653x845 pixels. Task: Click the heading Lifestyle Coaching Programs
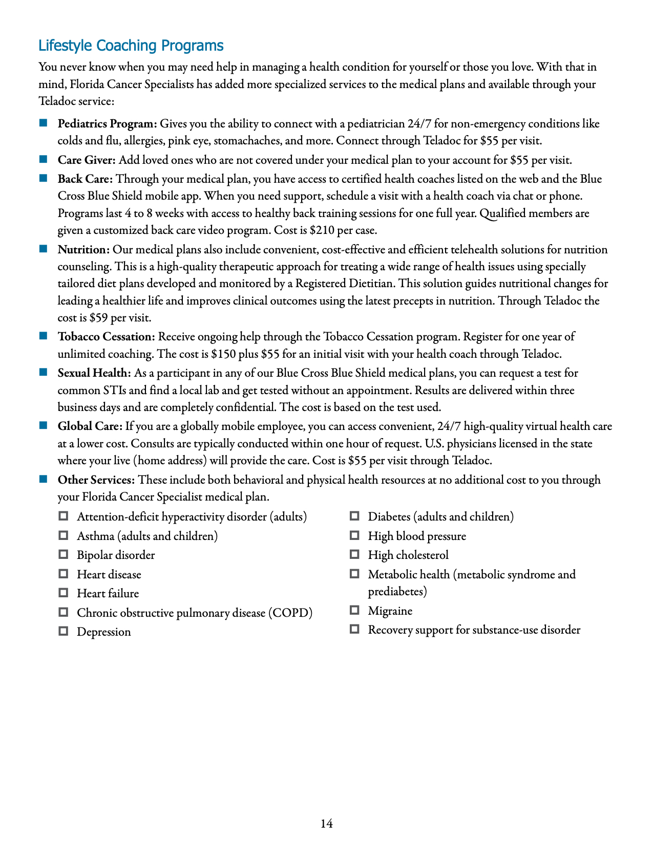coord(131,46)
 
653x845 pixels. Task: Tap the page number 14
coord(327,824)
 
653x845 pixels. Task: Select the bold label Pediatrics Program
coord(107,124)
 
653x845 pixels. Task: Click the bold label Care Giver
coord(87,160)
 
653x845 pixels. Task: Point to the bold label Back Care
coord(85,179)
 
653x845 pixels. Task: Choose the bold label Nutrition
coord(83,250)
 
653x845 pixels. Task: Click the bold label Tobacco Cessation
coord(106,337)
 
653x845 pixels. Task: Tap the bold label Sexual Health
coord(94,373)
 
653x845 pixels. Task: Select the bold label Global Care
coord(90,426)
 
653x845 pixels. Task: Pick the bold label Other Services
coord(96,480)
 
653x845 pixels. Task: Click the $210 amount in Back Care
coord(320,230)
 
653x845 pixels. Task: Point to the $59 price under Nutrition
coord(98,318)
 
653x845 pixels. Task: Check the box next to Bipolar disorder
coord(64,554)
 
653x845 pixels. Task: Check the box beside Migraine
coord(354,610)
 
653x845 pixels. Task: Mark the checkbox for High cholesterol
coord(354,554)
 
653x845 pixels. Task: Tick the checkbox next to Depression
coord(64,631)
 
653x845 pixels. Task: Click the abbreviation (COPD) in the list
coord(290,613)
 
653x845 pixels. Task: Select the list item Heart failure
coord(108,594)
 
